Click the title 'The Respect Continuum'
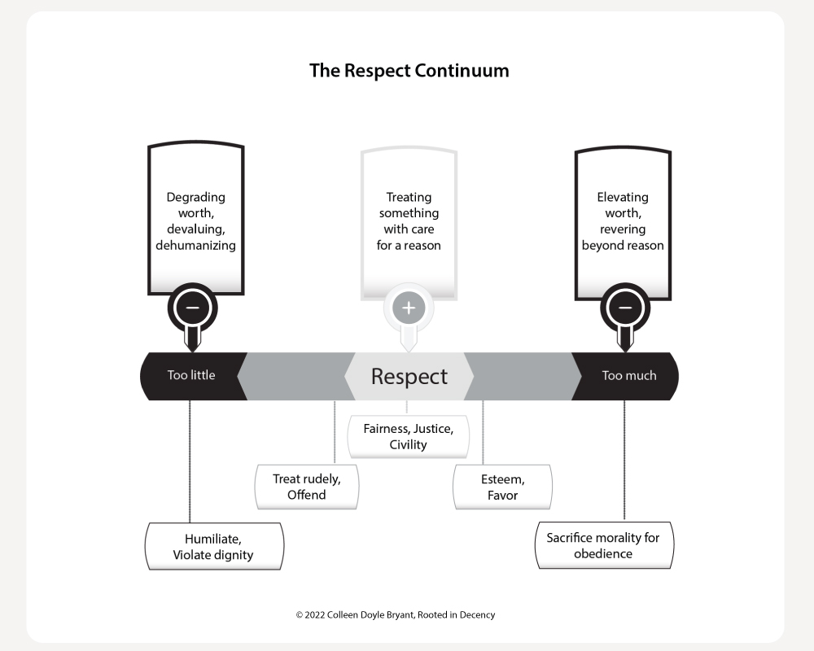point(409,70)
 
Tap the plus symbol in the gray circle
point(409,308)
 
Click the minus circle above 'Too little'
point(192,308)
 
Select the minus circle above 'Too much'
point(624,308)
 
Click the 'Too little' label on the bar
point(191,376)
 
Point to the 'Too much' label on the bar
point(628,376)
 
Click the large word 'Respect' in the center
point(409,377)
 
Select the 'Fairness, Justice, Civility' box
point(409,436)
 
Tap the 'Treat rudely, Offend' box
point(306,487)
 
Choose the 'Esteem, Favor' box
point(502,487)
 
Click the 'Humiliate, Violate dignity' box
point(213,546)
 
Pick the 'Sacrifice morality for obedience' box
point(603,545)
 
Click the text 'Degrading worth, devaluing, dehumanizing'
point(195,221)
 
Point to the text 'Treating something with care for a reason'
point(409,221)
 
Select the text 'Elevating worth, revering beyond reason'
point(623,221)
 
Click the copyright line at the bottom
point(395,615)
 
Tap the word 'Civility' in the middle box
point(408,445)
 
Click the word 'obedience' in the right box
point(603,554)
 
